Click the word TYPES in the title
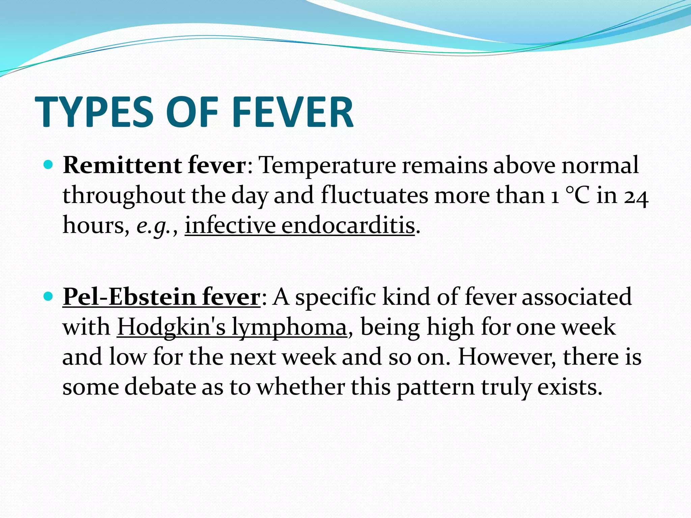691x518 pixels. (x=94, y=112)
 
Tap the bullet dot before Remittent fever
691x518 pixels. (x=49, y=165)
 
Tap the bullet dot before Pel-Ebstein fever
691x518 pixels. (x=49, y=296)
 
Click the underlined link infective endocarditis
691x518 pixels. (x=300, y=225)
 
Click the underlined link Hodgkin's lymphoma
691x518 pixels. (x=232, y=327)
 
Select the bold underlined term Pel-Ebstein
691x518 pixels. (x=129, y=297)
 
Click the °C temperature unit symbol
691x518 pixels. (x=577, y=196)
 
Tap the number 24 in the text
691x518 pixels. (x=636, y=196)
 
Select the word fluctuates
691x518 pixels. (x=374, y=195)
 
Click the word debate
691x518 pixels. (x=160, y=387)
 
